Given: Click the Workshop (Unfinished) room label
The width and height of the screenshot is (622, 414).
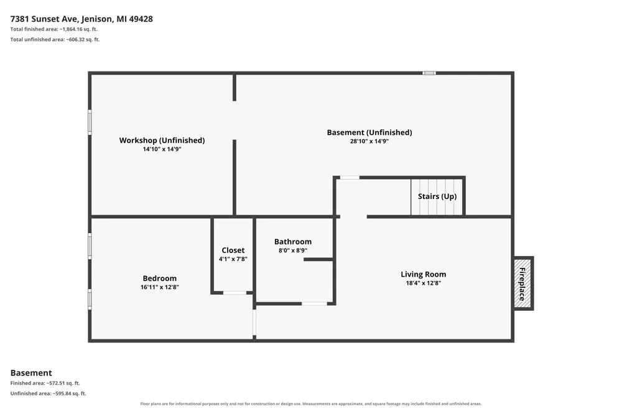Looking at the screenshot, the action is click(162, 140).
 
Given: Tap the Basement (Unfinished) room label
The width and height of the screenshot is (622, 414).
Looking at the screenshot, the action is click(369, 132).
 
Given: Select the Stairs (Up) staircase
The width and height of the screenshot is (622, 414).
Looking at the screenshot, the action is click(437, 196).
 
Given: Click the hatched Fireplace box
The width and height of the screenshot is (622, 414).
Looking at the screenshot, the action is click(523, 283).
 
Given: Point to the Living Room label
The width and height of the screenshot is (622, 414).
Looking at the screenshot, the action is click(423, 274).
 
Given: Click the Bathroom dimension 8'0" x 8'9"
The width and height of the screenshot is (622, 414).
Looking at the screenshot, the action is click(293, 251).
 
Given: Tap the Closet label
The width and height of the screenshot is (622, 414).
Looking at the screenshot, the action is click(233, 251).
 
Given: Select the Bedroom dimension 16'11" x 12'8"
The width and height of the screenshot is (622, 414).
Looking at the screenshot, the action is click(159, 287).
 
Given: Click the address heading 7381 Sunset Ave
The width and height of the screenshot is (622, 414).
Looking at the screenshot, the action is click(81, 19).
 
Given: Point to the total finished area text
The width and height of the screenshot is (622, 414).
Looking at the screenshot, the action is click(54, 29).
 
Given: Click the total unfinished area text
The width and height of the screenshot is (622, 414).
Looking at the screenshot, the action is click(55, 40).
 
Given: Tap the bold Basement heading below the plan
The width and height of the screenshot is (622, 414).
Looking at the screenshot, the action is click(31, 373).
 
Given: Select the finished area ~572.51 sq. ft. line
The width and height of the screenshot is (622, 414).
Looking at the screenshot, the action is click(45, 383).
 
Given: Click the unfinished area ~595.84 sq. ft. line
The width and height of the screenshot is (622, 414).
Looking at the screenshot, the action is click(48, 393).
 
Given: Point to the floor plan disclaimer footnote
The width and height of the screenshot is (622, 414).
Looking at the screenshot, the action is click(310, 403).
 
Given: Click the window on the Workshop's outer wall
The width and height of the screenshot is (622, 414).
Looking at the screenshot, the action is click(90, 122).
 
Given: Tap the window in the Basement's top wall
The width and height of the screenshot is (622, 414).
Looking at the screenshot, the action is click(429, 73).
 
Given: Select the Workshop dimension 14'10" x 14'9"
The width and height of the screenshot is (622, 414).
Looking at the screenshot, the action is click(162, 149).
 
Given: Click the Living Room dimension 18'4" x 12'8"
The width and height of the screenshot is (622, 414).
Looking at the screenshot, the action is click(423, 283).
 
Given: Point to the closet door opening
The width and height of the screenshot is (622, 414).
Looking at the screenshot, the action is click(235, 293).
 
